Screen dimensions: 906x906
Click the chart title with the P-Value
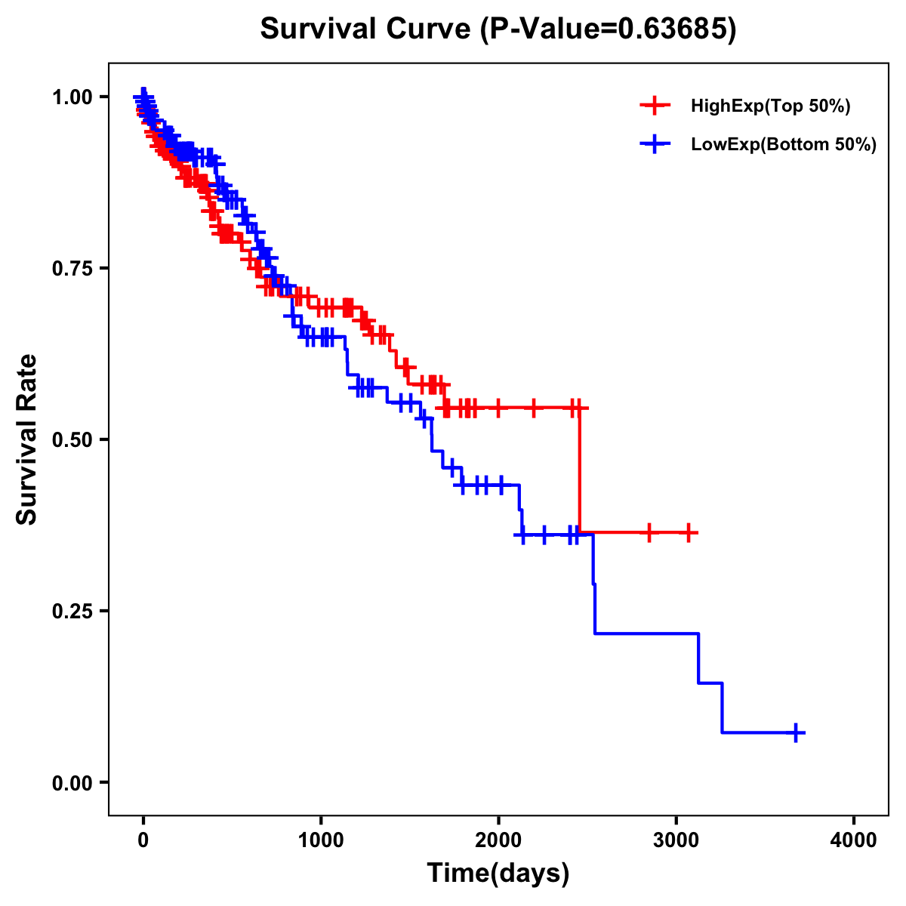pyautogui.click(x=498, y=29)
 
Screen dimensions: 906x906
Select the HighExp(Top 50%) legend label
pyautogui.click(x=771, y=106)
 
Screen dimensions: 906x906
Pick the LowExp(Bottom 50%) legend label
pyautogui.click(x=784, y=145)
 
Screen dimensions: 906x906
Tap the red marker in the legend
pyautogui.click(x=655, y=106)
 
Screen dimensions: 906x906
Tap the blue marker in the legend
pyautogui.click(x=655, y=145)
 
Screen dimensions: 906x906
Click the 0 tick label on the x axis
pyautogui.click(x=143, y=841)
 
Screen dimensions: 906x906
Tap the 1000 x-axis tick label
pyautogui.click(x=321, y=841)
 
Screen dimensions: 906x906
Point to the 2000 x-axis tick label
pyautogui.click(x=498, y=841)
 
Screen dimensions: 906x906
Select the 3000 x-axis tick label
pyautogui.click(x=676, y=841)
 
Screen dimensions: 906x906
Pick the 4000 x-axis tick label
pyautogui.click(x=854, y=841)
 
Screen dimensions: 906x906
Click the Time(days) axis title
pyautogui.click(x=498, y=874)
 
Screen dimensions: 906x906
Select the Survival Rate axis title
pyautogui.click(x=27, y=439)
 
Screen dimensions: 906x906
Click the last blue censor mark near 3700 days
pyautogui.click(x=796, y=732)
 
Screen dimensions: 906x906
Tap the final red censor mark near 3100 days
pyautogui.click(x=688, y=532)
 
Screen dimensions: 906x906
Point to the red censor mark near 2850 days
pyautogui.click(x=649, y=532)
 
